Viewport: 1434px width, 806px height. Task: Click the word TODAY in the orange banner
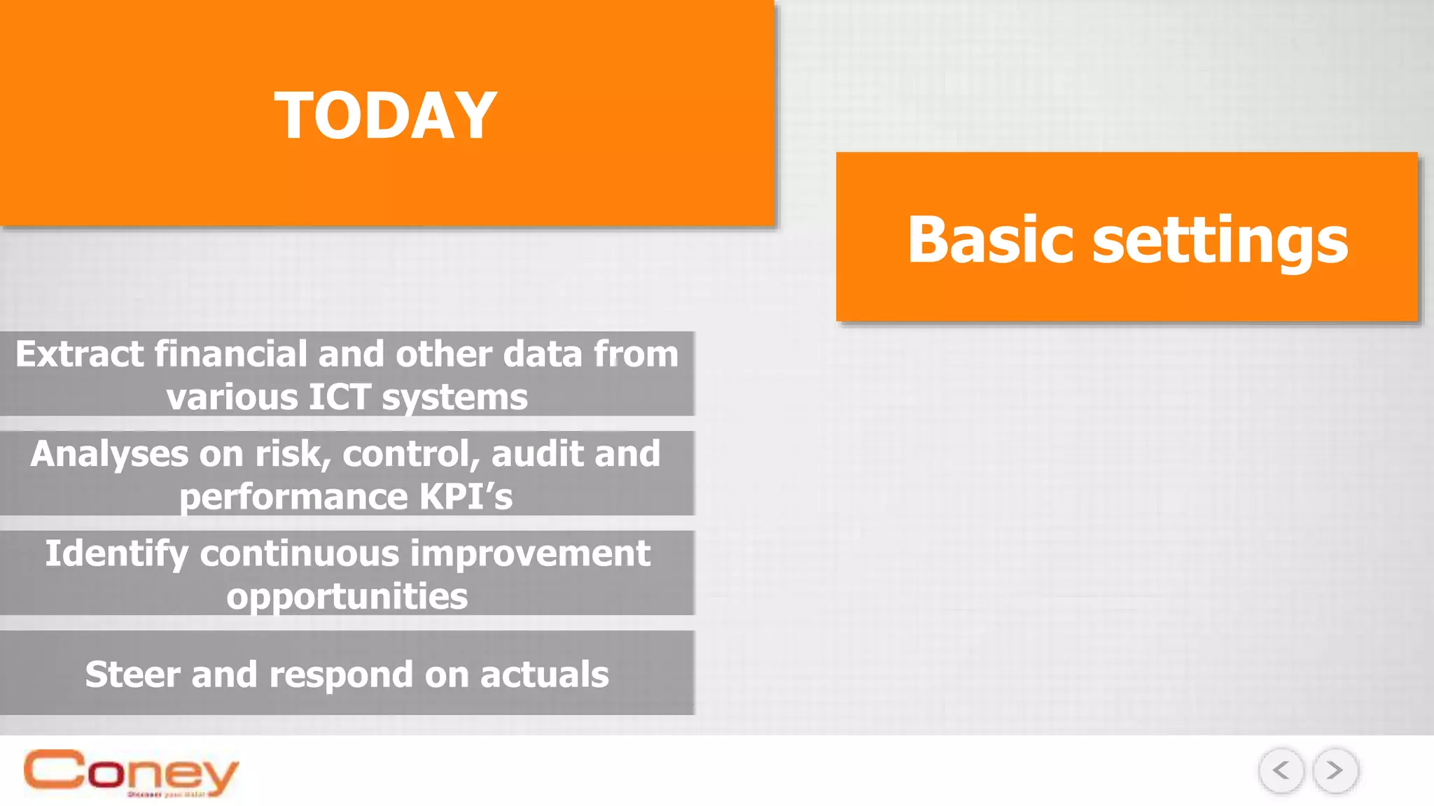[x=385, y=116]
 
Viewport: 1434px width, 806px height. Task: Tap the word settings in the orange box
[x=1220, y=241]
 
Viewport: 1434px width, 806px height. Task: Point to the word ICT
[x=340, y=397]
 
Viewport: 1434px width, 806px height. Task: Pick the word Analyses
[x=109, y=454]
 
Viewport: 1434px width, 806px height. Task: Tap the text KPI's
[x=466, y=497]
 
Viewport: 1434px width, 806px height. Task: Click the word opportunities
[x=347, y=597]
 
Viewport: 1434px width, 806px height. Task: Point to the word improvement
[x=530, y=554]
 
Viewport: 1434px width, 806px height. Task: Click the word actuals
[x=544, y=674]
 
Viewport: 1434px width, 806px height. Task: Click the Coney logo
[x=131, y=772]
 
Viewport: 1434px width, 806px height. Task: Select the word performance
[x=293, y=497]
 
